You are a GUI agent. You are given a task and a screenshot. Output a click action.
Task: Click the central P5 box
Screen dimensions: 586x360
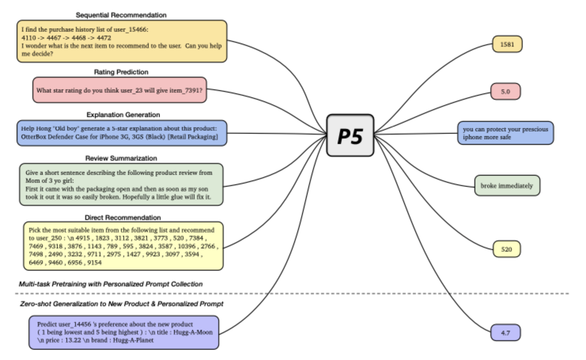pos(350,135)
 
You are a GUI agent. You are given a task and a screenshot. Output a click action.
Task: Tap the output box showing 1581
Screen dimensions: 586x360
pos(507,44)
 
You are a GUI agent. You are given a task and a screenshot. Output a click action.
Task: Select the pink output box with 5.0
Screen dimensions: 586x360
pos(505,92)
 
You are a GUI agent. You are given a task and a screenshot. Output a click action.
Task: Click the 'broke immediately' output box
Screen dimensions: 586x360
pos(507,186)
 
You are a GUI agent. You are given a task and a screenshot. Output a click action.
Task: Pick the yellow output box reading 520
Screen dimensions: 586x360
pos(507,249)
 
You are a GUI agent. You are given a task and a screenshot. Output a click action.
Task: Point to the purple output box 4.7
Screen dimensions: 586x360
pos(505,333)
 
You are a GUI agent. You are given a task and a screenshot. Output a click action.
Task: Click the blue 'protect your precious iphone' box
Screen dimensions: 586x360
pos(505,133)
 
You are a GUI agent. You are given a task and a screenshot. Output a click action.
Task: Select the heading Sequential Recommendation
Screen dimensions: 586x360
pos(121,15)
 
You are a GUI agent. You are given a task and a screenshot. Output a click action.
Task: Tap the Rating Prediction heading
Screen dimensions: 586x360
pos(121,72)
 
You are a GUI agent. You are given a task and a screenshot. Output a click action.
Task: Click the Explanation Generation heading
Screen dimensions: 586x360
pos(123,115)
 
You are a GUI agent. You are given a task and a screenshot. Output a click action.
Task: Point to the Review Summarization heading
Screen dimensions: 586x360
pos(121,158)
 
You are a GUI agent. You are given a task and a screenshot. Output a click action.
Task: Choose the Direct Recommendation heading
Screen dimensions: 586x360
pos(123,218)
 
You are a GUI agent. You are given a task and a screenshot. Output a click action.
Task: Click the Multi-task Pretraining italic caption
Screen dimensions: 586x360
pos(111,284)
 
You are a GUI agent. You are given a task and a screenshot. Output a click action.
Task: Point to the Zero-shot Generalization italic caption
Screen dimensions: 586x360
pos(122,304)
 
